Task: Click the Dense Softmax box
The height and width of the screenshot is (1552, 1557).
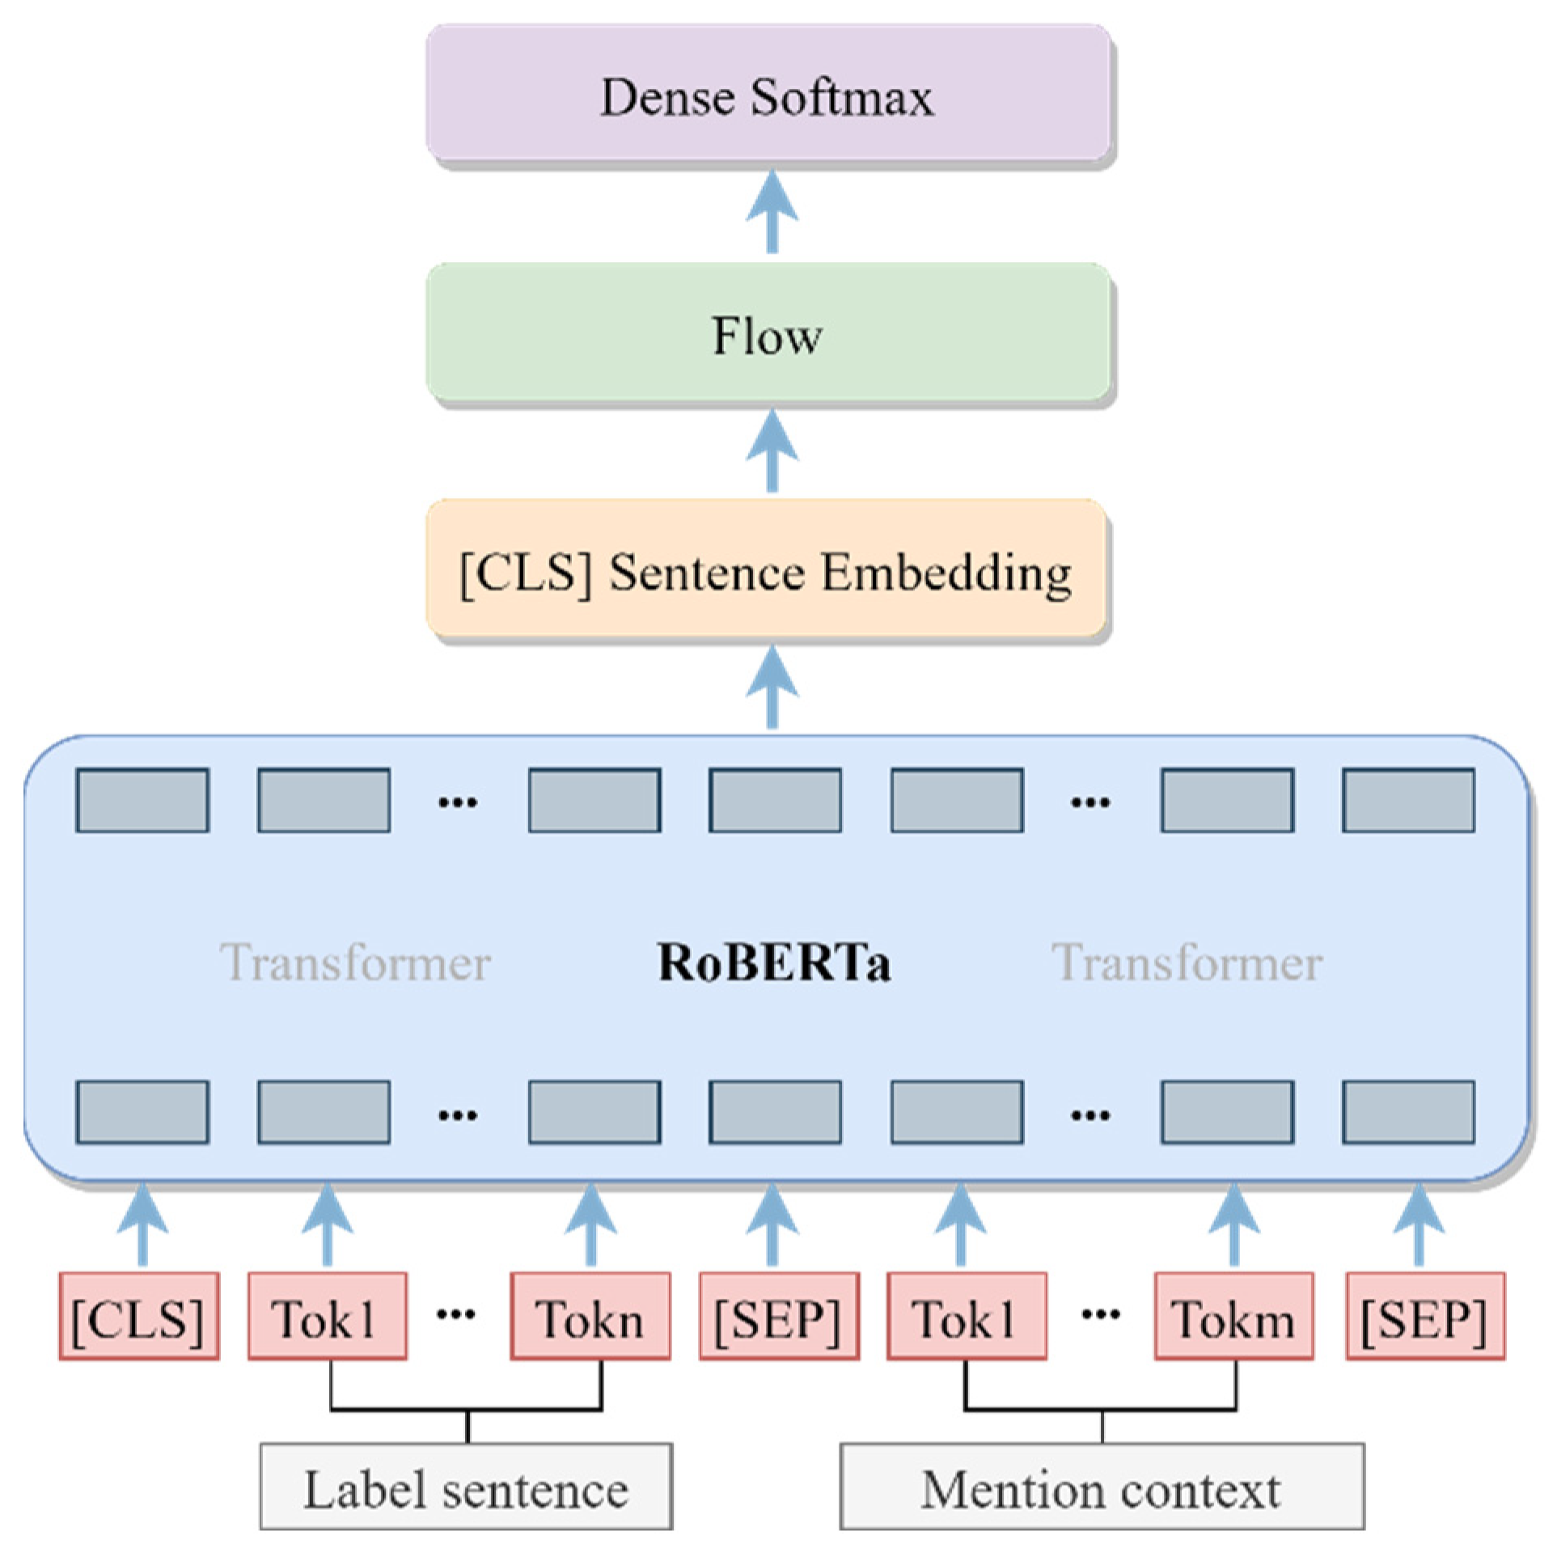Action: (768, 95)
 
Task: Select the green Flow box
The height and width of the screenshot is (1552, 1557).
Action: (768, 333)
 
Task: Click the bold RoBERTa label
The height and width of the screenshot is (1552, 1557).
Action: (774, 962)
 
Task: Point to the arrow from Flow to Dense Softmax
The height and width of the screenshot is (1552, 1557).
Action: (772, 212)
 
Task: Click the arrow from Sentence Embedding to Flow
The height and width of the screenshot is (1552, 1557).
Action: (772, 450)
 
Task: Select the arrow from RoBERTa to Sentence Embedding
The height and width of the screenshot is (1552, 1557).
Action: (772, 687)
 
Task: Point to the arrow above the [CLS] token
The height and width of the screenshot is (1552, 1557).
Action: (142, 1224)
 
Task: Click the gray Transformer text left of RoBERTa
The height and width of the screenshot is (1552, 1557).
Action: (355, 962)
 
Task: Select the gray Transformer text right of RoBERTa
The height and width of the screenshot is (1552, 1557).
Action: (1187, 962)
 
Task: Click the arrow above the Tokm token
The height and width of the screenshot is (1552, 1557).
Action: (1233, 1224)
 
